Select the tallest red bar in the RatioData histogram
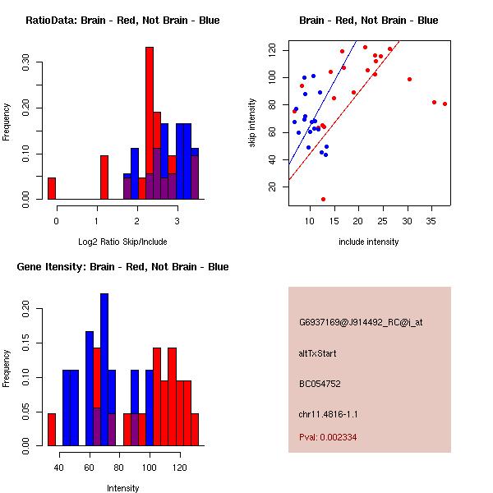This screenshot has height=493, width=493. click(150, 123)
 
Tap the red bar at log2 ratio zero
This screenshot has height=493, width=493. click(52, 188)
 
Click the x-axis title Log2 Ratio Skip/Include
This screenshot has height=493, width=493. click(123, 242)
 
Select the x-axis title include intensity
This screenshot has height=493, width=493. click(369, 242)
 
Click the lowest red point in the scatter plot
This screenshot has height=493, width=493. click(323, 199)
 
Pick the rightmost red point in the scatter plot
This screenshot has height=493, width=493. click(445, 104)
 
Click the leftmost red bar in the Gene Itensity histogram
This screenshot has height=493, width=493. click(52, 429)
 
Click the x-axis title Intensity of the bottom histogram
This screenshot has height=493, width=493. click(123, 488)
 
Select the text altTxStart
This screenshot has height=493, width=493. click(318, 353)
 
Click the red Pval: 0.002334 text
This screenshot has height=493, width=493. click(328, 438)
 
